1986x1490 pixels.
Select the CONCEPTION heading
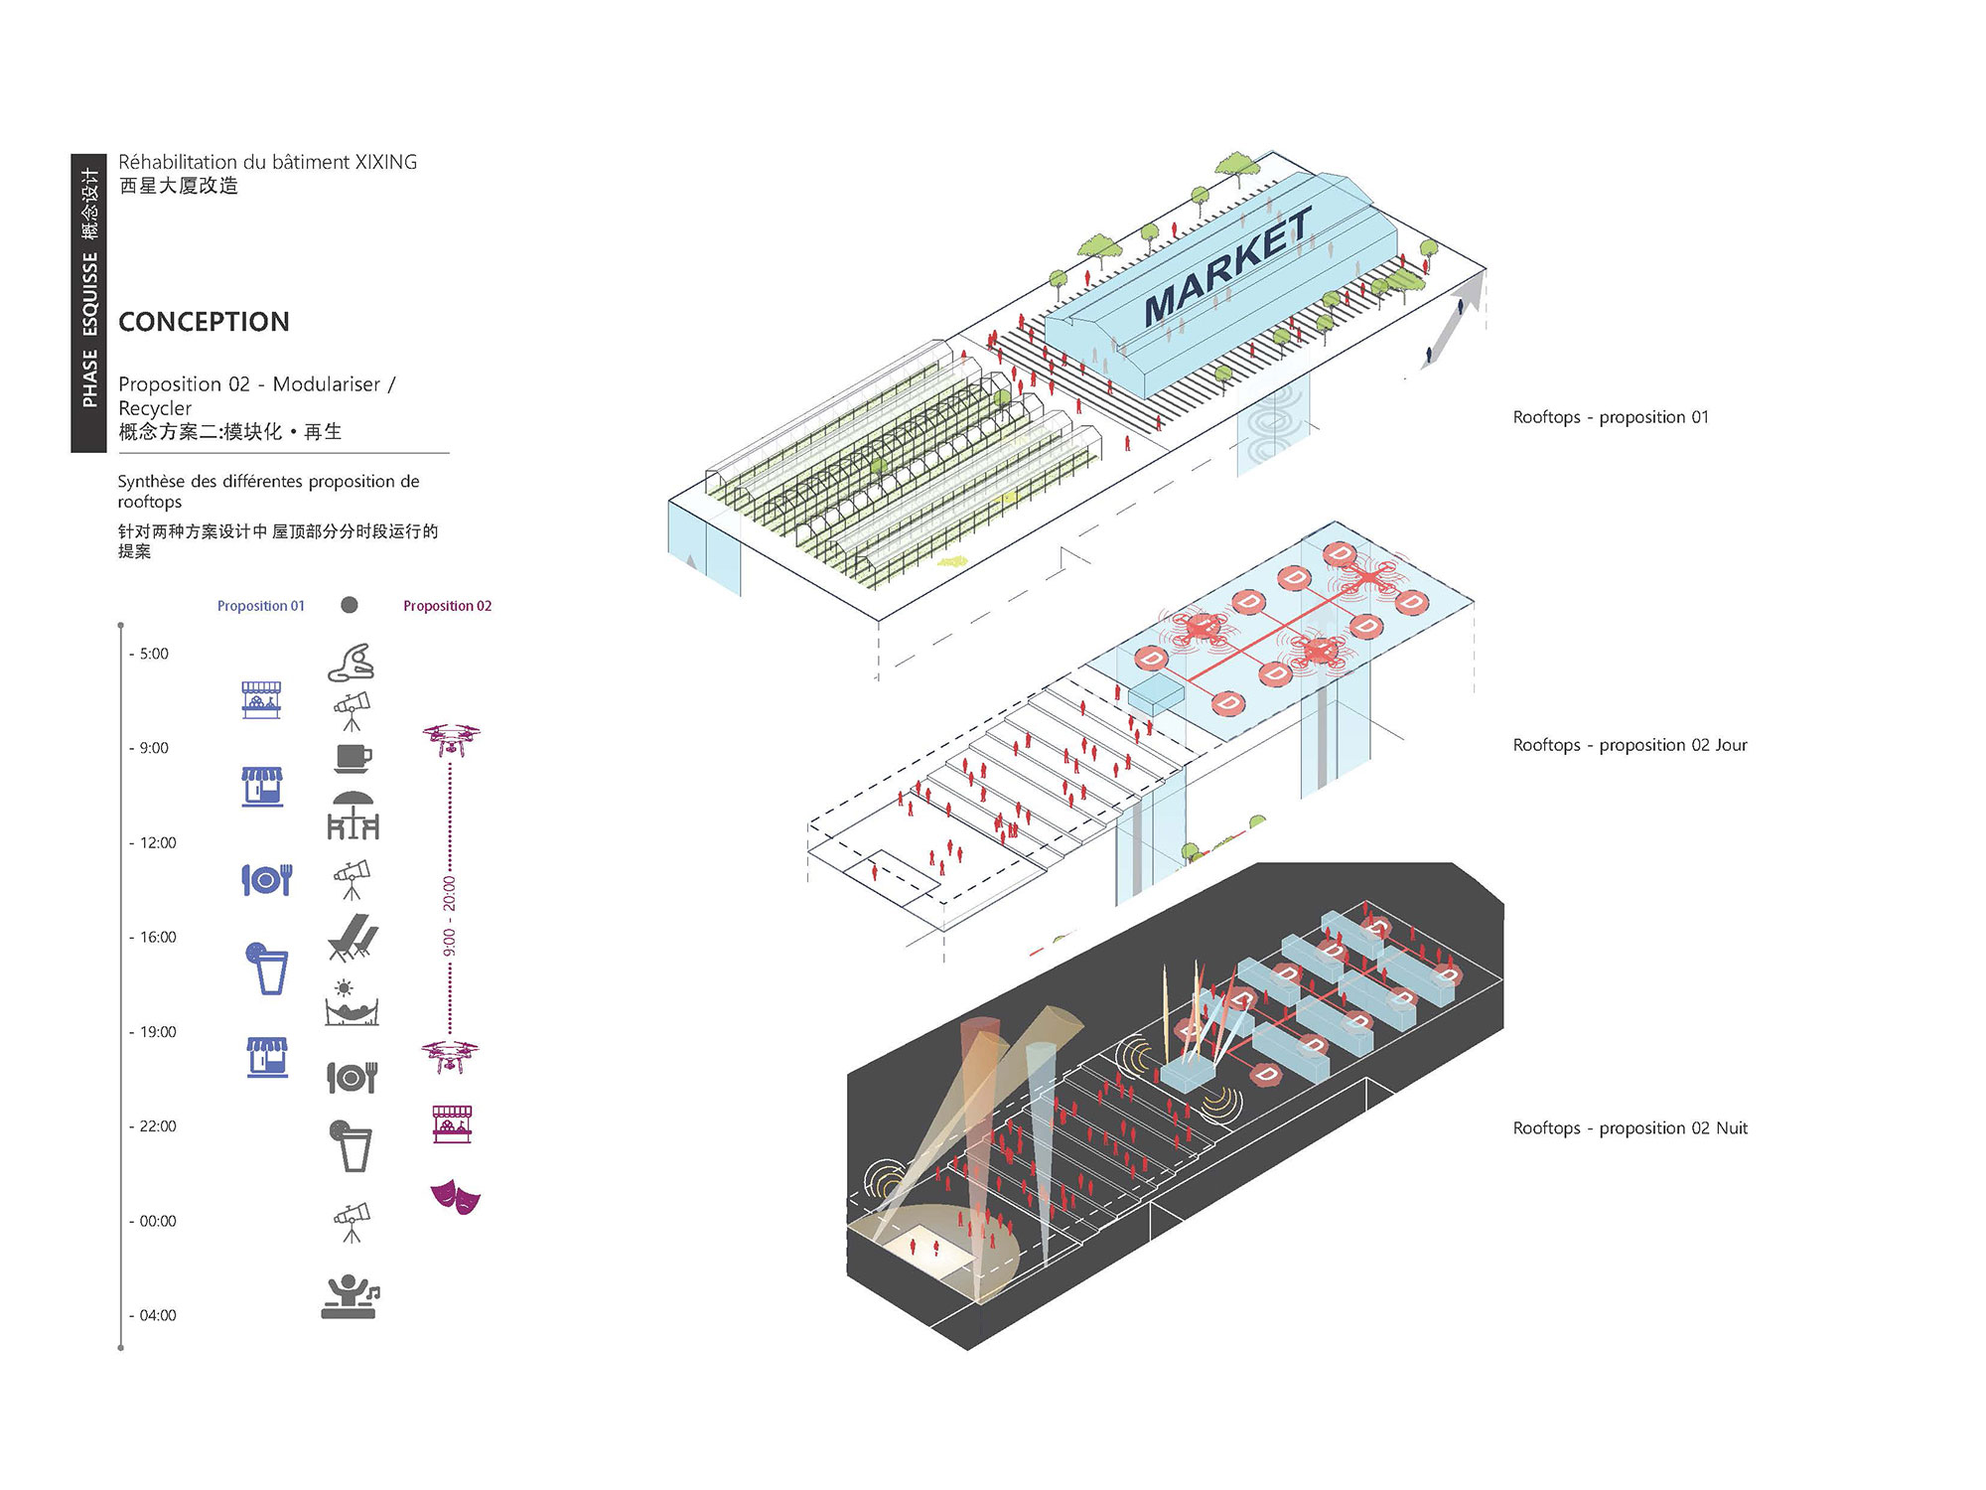click(x=204, y=322)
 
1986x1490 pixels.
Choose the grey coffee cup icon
click(x=353, y=759)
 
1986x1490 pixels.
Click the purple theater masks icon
click(x=455, y=1196)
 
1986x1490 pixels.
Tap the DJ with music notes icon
click(x=351, y=1296)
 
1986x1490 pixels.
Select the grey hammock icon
click(x=352, y=1003)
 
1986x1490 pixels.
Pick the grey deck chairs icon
click(x=353, y=938)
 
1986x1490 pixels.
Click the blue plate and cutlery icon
click(x=266, y=879)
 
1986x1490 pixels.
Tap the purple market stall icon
click(x=452, y=1124)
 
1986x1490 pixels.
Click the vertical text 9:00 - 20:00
click(x=450, y=916)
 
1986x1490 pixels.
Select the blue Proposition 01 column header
click(x=261, y=606)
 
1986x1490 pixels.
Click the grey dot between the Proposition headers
click(x=349, y=605)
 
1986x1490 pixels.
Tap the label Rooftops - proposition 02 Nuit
click(x=1630, y=1128)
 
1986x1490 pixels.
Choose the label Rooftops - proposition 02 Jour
click(x=1630, y=745)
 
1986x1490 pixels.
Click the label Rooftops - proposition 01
click(x=1611, y=417)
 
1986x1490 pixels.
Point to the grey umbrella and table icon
click(x=353, y=816)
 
